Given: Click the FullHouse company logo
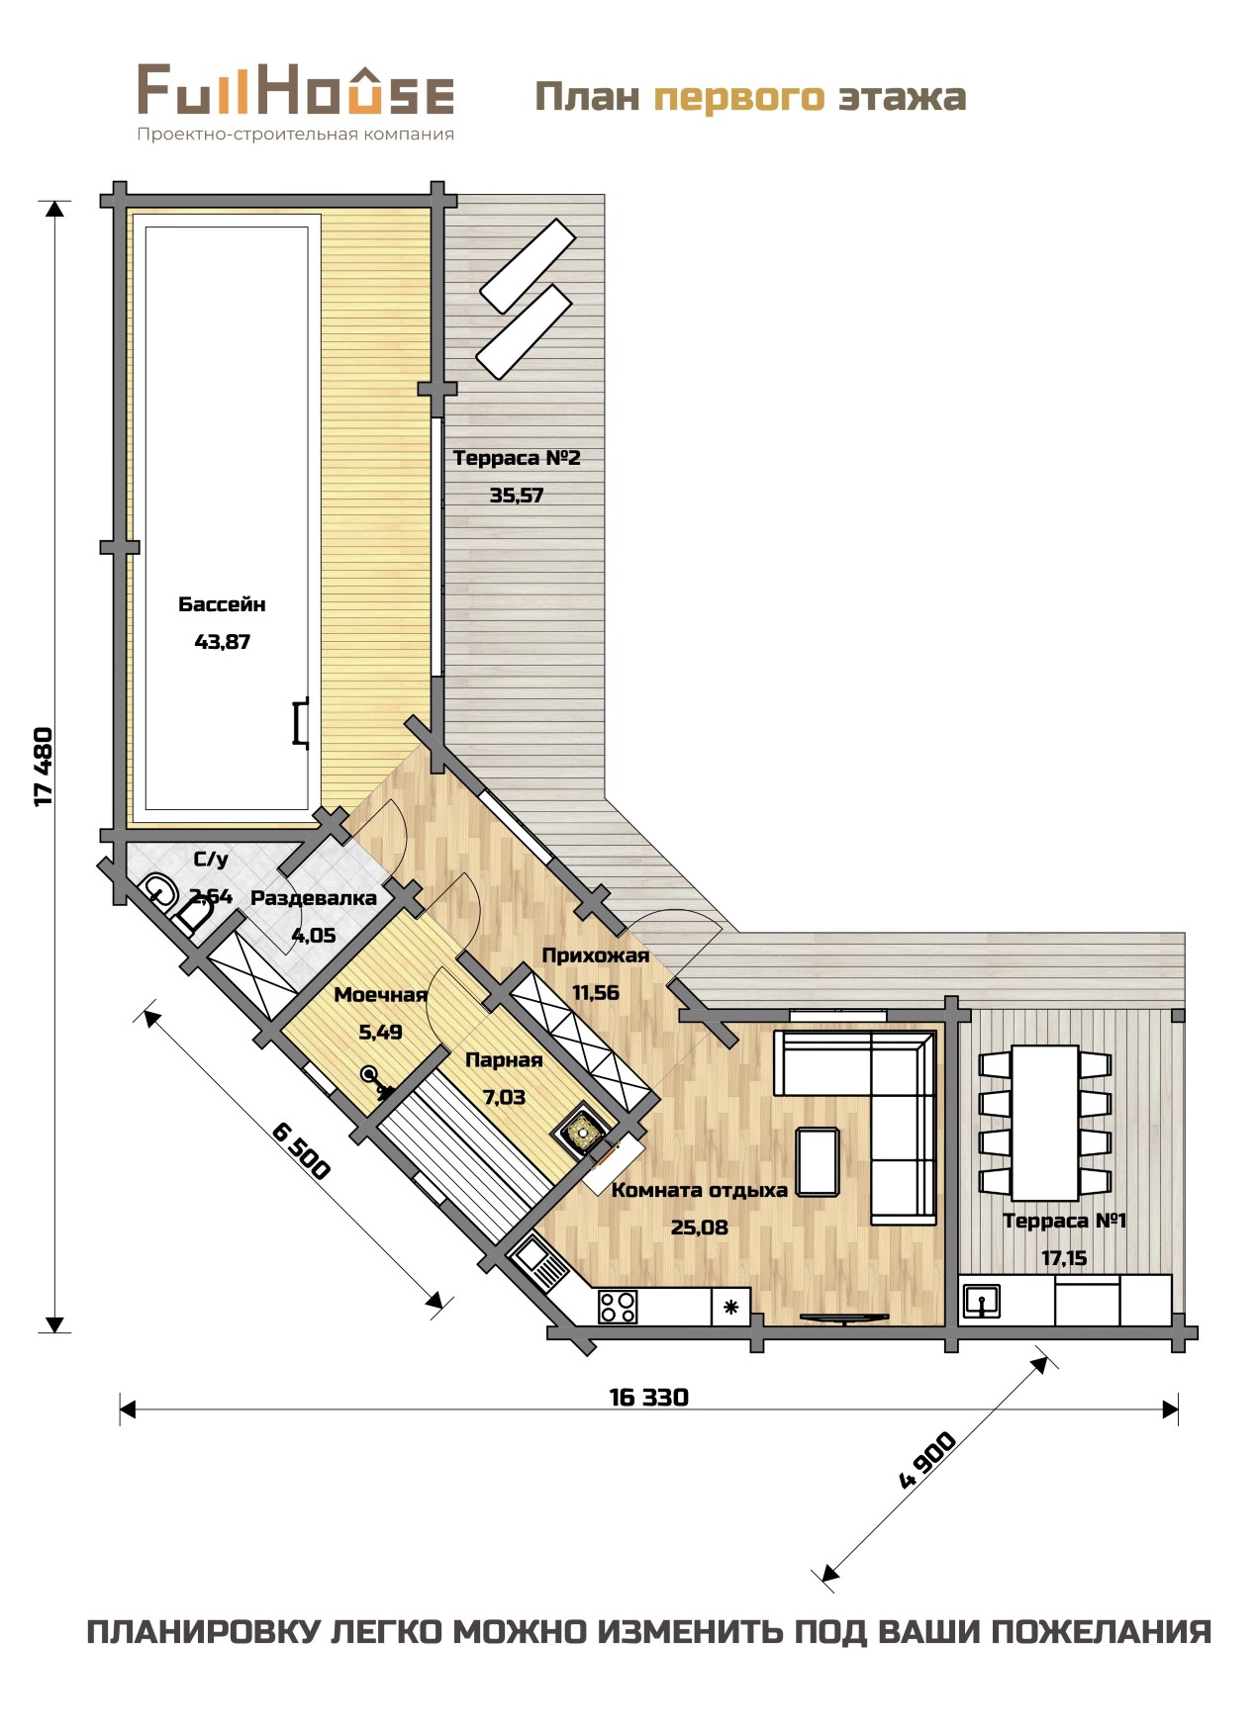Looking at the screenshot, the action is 295,103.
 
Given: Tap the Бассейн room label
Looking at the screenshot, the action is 222,604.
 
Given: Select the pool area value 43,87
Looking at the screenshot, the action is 223,642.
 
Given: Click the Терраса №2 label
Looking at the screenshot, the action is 517,458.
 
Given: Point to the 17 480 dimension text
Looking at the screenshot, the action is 43,767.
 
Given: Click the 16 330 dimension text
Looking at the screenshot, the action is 649,1397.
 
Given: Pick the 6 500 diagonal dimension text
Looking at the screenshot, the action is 299,1150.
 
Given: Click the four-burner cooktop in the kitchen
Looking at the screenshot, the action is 618,1307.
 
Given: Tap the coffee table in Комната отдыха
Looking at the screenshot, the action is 819,1161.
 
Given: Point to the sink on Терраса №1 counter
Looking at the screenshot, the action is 981,1301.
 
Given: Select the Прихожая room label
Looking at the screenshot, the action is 596,956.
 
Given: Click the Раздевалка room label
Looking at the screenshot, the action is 314,898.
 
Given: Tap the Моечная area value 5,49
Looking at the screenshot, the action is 380,1033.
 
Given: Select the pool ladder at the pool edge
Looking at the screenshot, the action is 301,720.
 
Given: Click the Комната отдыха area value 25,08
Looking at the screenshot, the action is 700,1228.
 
